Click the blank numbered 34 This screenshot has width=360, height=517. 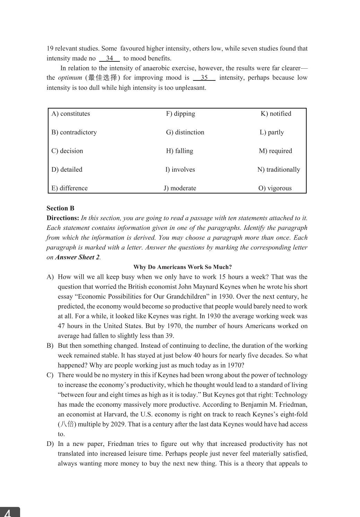point(109,58)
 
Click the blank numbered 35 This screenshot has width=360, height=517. point(204,78)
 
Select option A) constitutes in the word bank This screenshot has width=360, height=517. point(71,114)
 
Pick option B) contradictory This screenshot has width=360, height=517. point(74,132)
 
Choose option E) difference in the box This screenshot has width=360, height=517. point(70,188)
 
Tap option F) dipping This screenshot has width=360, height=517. point(181,114)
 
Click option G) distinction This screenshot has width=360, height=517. point(185,132)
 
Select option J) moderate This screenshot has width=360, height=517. point(180,188)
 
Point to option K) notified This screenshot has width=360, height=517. point(276,114)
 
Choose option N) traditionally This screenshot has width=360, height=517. point(279,170)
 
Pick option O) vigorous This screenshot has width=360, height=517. point(275,188)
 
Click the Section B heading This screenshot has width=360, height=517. point(61,208)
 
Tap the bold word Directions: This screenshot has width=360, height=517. point(63,218)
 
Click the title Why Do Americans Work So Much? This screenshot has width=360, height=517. point(183,267)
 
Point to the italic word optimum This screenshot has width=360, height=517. point(70,78)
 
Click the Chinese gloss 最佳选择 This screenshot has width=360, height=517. point(103,78)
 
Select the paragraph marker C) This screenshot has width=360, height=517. point(50,375)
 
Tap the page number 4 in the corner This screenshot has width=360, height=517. point(8,512)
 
